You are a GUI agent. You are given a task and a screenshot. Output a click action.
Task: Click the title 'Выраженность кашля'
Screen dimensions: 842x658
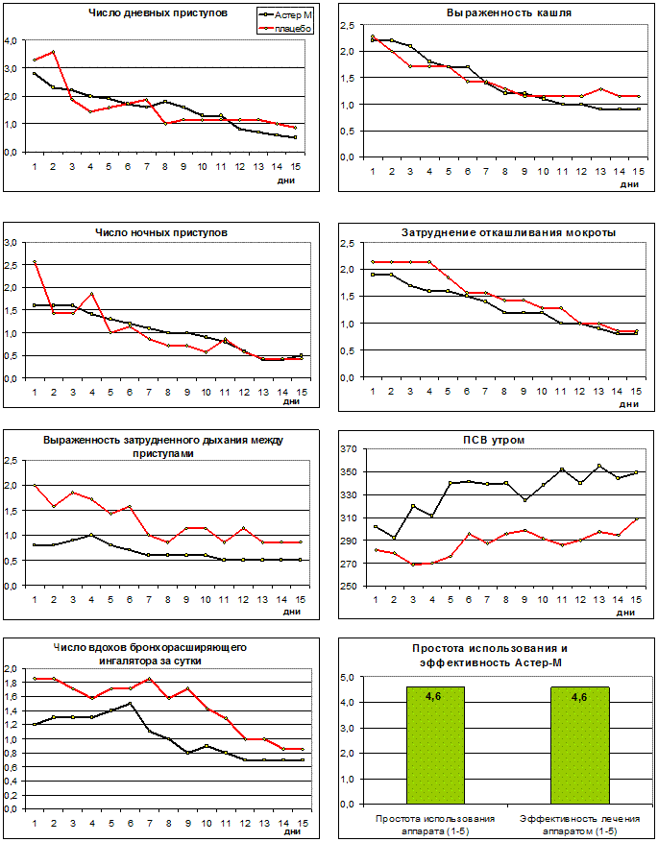(x=496, y=13)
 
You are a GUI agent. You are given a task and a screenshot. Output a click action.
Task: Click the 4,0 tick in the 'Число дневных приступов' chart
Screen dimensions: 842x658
(x=11, y=40)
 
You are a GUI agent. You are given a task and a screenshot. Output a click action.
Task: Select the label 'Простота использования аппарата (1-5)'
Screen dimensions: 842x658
(x=434, y=824)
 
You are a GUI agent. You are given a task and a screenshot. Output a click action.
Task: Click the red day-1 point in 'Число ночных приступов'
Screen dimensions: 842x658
(x=36, y=261)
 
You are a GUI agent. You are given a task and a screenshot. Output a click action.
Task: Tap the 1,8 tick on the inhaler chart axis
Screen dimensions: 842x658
(x=11, y=683)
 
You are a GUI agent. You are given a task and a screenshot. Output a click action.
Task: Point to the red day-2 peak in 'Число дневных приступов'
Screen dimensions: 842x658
(x=53, y=52)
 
